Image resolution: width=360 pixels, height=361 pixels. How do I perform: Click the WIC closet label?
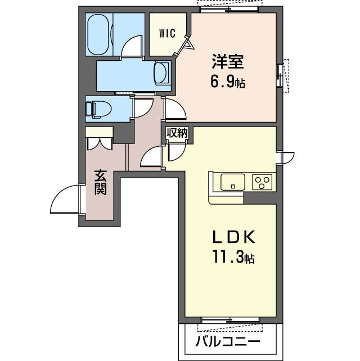[x=168, y=33]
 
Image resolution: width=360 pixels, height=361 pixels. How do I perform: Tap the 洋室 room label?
[x=228, y=61]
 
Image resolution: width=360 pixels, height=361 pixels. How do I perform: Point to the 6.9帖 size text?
[x=228, y=82]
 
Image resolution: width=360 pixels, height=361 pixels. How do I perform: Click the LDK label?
[x=233, y=237]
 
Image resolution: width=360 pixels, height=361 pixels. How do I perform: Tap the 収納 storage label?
[x=177, y=133]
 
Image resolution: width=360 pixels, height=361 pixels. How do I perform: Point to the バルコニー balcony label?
[x=228, y=341]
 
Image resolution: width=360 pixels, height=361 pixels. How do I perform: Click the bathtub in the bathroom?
[x=98, y=35]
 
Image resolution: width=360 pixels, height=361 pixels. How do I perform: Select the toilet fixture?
[x=98, y=109]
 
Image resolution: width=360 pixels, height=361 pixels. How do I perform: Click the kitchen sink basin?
[x=233, y=182]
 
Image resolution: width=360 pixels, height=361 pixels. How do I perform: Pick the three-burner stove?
[x=262, y=182]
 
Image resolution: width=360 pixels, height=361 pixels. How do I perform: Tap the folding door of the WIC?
[x=186, y=46]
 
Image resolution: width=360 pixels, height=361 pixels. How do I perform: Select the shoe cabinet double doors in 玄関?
[x=100, y=144]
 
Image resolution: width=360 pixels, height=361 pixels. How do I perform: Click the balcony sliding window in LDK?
[x=230, y=320]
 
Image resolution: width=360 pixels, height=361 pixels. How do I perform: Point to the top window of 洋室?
[x=229, y=10]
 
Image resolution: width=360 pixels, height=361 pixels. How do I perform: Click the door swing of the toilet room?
[x=142, y=108]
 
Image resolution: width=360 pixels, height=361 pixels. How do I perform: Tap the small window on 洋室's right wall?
[x=280, y=75]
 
